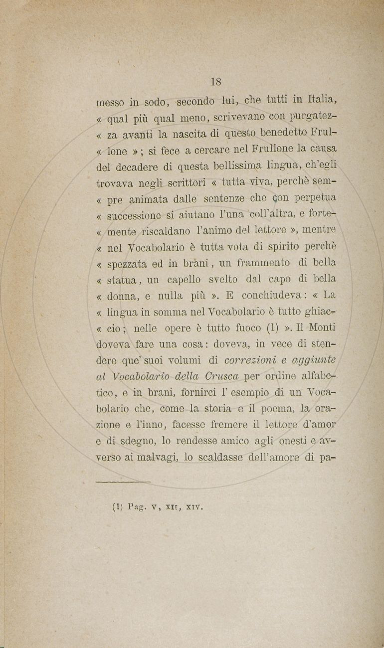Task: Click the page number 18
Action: [216, 82]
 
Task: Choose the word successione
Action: [134, 216]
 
